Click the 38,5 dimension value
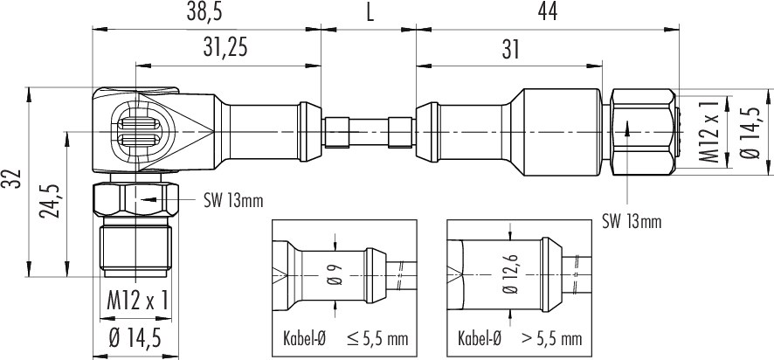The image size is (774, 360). tap(204, 12)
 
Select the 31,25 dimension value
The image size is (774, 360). tap(225, 49)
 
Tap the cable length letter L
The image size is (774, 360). tap(370, 13)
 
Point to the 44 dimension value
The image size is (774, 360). tap(547, 12)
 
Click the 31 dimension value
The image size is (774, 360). tap(510, 50)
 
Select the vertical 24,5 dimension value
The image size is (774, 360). tap(51, 203)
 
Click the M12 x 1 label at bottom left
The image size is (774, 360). tap(138, 301)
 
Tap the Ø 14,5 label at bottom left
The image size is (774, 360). tap(135, 338)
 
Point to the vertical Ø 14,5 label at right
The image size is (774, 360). tap(750, 132)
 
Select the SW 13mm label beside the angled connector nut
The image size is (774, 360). tap(233, 201)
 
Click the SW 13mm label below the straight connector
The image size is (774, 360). tap(632, 222)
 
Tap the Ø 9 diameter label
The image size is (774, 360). tap(335, 276)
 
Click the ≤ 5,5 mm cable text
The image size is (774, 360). tap(377, 339)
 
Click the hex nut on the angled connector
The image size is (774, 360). tap(135, 199)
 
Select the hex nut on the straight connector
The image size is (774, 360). tap(643, 131)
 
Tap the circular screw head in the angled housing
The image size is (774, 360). tap(141, 132)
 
